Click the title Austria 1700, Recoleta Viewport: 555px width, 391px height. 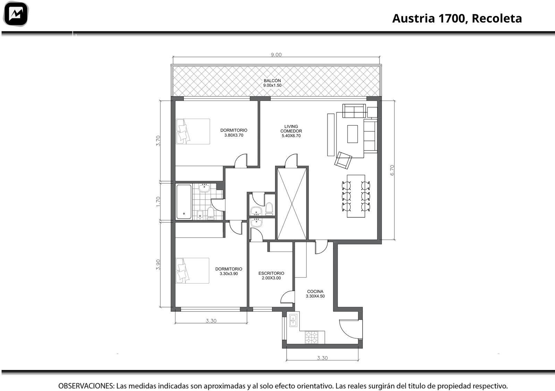457,19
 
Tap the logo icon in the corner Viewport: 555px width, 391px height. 16,14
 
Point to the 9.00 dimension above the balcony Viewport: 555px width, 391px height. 276,54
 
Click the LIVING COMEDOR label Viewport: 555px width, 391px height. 291,131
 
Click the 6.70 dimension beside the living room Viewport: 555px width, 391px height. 392,170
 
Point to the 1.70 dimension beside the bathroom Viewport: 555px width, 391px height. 158,202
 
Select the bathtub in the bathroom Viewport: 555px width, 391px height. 184,202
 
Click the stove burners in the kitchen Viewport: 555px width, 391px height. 311,338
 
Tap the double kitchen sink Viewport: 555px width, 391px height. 293,321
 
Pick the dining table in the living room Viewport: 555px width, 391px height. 356,196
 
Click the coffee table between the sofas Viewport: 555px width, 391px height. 352,134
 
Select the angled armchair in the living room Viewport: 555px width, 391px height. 343,160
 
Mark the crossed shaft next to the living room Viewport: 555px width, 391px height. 292,204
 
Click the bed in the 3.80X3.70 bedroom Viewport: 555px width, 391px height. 193,131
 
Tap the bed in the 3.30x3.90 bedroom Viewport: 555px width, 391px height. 193,271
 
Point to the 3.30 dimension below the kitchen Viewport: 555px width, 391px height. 322,358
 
